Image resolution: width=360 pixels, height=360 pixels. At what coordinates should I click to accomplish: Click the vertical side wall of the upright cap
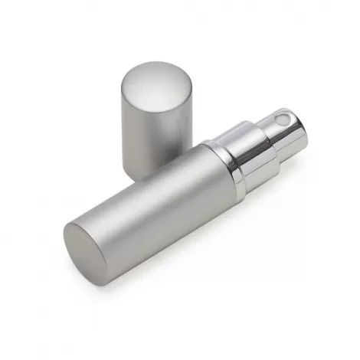(153, 126)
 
